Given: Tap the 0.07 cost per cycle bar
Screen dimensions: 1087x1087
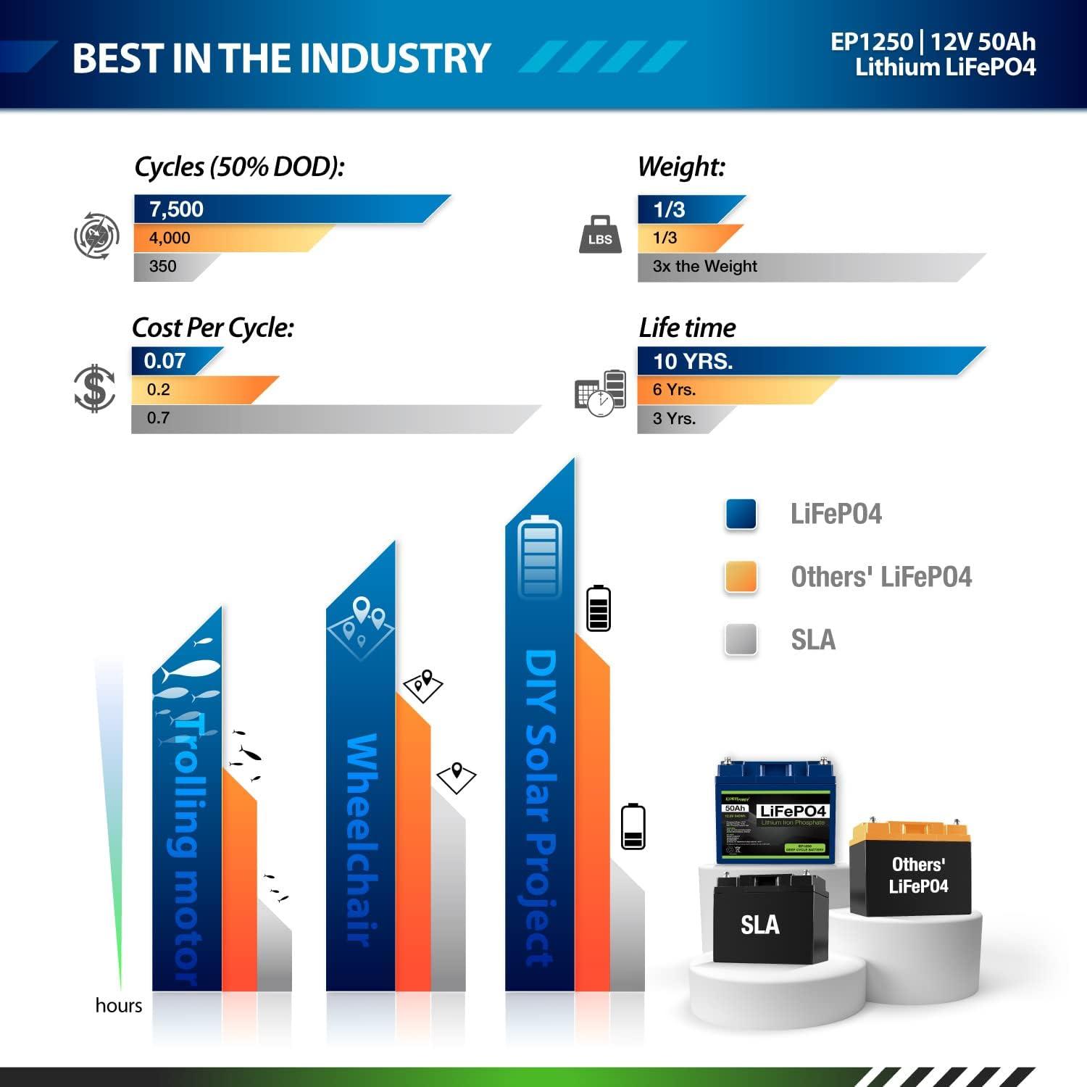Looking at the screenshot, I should tap(171, 361).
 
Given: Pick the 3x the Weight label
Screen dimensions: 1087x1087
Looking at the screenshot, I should tap(704, 267).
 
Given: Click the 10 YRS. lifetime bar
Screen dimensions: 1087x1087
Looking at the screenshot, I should tap(797, 361).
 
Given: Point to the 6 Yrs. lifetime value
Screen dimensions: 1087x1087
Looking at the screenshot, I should tap(674, 390).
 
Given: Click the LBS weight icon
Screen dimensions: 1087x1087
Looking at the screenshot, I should tap(600, 236).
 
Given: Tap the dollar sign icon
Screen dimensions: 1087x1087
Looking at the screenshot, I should tap(95, 389).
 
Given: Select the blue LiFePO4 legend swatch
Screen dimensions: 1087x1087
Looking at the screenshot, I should tap(741, 515).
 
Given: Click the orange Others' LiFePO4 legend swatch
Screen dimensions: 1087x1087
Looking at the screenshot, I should tap(741, 578).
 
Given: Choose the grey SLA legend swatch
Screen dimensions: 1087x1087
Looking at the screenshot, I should tap(741, 640).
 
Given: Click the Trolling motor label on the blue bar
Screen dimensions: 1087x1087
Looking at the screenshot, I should tap(186, 848).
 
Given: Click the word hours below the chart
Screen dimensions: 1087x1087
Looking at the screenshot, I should tap(119, 1006).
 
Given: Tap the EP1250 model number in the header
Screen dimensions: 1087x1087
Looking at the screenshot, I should tap(871, 42).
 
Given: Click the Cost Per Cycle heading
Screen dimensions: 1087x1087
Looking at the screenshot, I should tap(213, 328).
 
